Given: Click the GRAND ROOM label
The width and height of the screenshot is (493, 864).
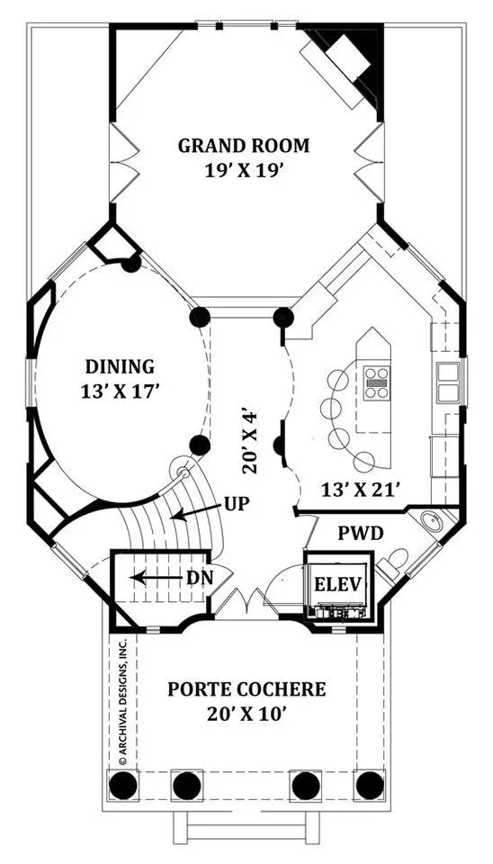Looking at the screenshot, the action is [244, 146].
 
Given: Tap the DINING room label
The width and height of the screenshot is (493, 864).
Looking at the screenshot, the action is [120, 366].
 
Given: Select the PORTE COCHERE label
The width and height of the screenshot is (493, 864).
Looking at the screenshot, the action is [246, 689].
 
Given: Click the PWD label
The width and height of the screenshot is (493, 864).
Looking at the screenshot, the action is [360, 534].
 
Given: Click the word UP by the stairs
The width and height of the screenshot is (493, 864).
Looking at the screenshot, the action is [237, 504].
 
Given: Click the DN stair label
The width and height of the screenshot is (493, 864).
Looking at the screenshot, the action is [200, 578].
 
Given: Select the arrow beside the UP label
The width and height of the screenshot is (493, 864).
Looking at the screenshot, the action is [195, 512].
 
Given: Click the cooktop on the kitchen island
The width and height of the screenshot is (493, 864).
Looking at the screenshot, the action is [377, 382].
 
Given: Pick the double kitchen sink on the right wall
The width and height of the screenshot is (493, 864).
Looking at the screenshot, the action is [448, 382].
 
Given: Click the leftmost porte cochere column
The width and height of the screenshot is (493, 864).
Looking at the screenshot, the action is [123, 786].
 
